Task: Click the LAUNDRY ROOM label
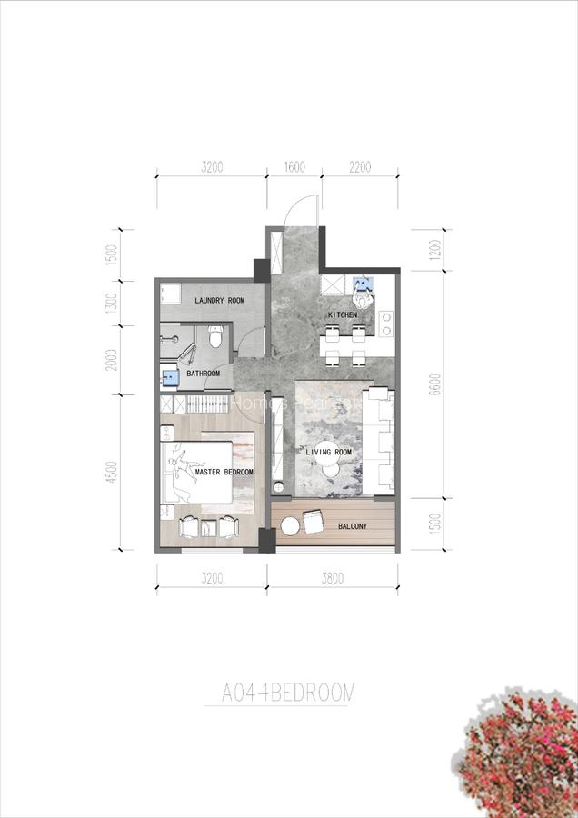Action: tap(219, 300)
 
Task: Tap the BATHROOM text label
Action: tap(203, 374)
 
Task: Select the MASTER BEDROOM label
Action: tap(224, 473)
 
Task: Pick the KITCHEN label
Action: tap(343, 315)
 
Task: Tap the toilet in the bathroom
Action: tap(214, 339)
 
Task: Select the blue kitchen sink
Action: tap(365, 284)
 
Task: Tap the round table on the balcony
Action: tap(289, 525)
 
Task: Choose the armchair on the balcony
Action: tap(312, 521)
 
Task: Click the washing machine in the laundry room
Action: tap(169, 293)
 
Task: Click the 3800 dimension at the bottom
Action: tap(333, 577)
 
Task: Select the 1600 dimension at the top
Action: tap(294, 167)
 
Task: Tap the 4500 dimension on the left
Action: tap(112, 473)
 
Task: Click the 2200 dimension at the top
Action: tap(360, 167)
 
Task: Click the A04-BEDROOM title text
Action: tap(288, 693)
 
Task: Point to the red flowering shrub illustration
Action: tap(518, 759)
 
